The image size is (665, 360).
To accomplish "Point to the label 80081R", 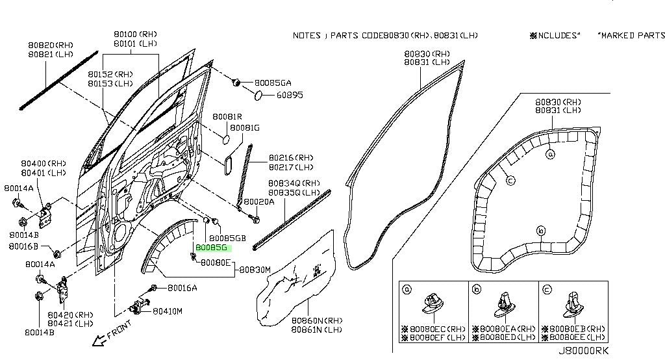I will pos(227,116).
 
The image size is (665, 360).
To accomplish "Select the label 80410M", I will pos(168,311).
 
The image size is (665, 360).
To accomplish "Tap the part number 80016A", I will pos(182,288).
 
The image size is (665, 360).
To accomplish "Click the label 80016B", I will pos(23,246).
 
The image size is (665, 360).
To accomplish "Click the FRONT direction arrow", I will pos(98,339).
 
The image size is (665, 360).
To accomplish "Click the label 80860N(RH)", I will pos(316,321).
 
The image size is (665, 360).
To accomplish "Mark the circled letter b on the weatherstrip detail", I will pos(540,230).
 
